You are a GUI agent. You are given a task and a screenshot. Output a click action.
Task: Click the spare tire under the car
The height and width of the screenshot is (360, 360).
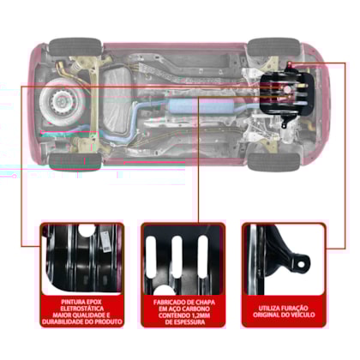[62, 100]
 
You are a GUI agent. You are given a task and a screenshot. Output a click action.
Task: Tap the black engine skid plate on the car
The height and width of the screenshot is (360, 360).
[286, 94]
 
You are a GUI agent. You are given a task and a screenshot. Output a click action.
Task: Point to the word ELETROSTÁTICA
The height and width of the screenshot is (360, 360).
[82, 309]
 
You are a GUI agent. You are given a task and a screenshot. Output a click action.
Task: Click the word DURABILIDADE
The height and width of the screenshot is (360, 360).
[63, 321]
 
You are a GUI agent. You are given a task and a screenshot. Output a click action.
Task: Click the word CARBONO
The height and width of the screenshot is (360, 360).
[196, 309]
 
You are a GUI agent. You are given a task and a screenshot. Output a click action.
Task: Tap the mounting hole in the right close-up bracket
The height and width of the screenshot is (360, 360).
[301, 264]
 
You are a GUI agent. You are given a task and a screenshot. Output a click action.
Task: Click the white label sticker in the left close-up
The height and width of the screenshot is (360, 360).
[105, 242]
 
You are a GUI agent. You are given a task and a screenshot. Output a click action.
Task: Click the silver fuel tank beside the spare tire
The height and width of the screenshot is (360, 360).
[117, 100]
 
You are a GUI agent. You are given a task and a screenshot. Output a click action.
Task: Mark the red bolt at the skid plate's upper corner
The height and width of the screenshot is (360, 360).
[290, 63]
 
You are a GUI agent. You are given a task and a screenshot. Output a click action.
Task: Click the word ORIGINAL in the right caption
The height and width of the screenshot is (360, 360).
[267, 315]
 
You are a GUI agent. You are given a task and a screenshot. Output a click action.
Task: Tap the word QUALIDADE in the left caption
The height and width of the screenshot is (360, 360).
[83, 315]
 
